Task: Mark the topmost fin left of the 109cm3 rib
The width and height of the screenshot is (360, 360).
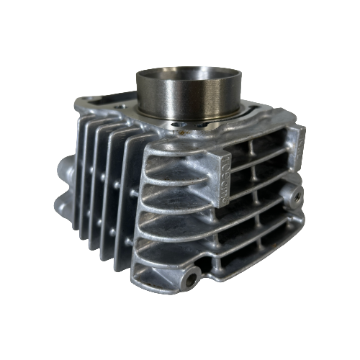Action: [x=176, y=155]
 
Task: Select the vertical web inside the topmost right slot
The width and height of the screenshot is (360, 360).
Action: [x=251, y=151]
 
